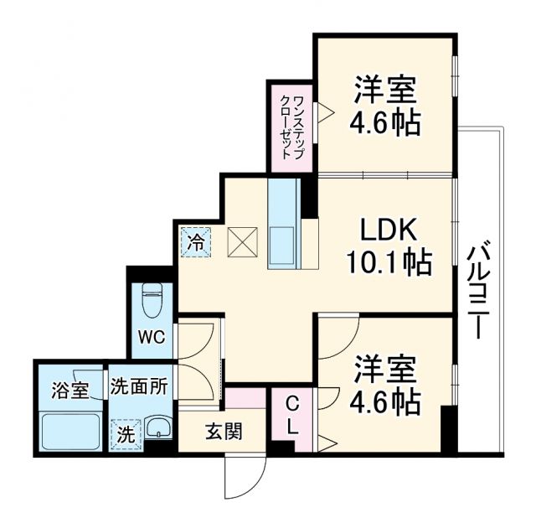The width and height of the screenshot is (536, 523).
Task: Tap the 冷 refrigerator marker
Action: [194, 243]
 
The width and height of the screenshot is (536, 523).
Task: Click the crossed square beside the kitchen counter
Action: [241, 243]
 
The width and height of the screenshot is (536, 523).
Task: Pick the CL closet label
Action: [290, 415]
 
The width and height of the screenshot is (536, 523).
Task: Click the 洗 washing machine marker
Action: [125, 434]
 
